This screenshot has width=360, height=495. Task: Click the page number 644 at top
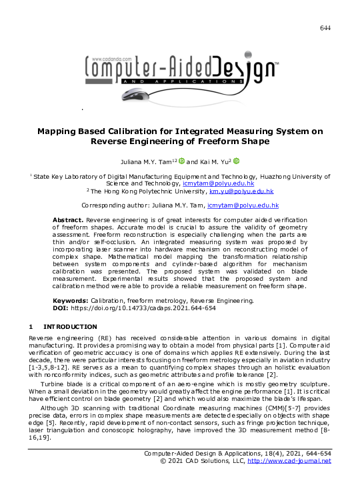[x=325, y=27]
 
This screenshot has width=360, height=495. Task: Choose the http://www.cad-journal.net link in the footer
[x=289, y=461]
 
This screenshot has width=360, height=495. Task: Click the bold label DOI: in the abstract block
[x=61, y=308]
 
